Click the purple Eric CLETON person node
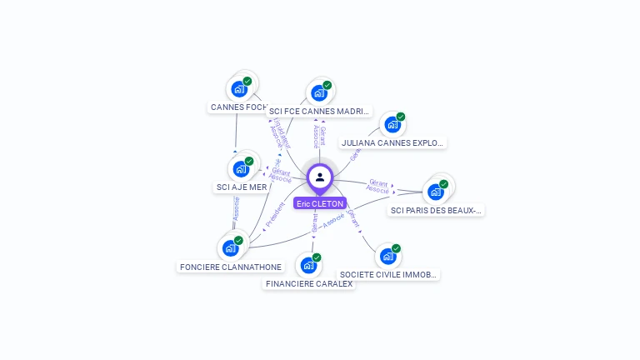click(x=320, y=177)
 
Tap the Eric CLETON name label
click(x=320, y=203)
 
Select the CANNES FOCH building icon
click(x=239, y=88)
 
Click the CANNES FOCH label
click(x=238, y=107)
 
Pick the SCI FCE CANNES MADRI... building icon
click(x=319, y=92)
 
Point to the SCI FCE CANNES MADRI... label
click(x=319, y=112)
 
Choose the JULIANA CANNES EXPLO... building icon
click(x=392, y=125)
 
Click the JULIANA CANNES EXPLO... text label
click(x=392, y=143)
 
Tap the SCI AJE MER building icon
click(x=241, y=168)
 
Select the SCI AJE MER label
click(x=242, y=187)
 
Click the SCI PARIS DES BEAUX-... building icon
click(x=435, y=192)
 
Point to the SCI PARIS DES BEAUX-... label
click(x=436, y=211)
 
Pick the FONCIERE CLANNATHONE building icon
click(x=231, y=248)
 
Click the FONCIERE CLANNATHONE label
click(x=231, y=267)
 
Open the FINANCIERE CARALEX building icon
click(x=308, y=266)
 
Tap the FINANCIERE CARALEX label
click(x=308, y=284)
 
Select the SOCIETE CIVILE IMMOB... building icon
click(x=387, y=256)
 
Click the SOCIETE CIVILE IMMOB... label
click(x=388, y=275)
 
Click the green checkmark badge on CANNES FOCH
click(x=247, y=81)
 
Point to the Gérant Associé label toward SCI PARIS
click(x=378, y=186)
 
